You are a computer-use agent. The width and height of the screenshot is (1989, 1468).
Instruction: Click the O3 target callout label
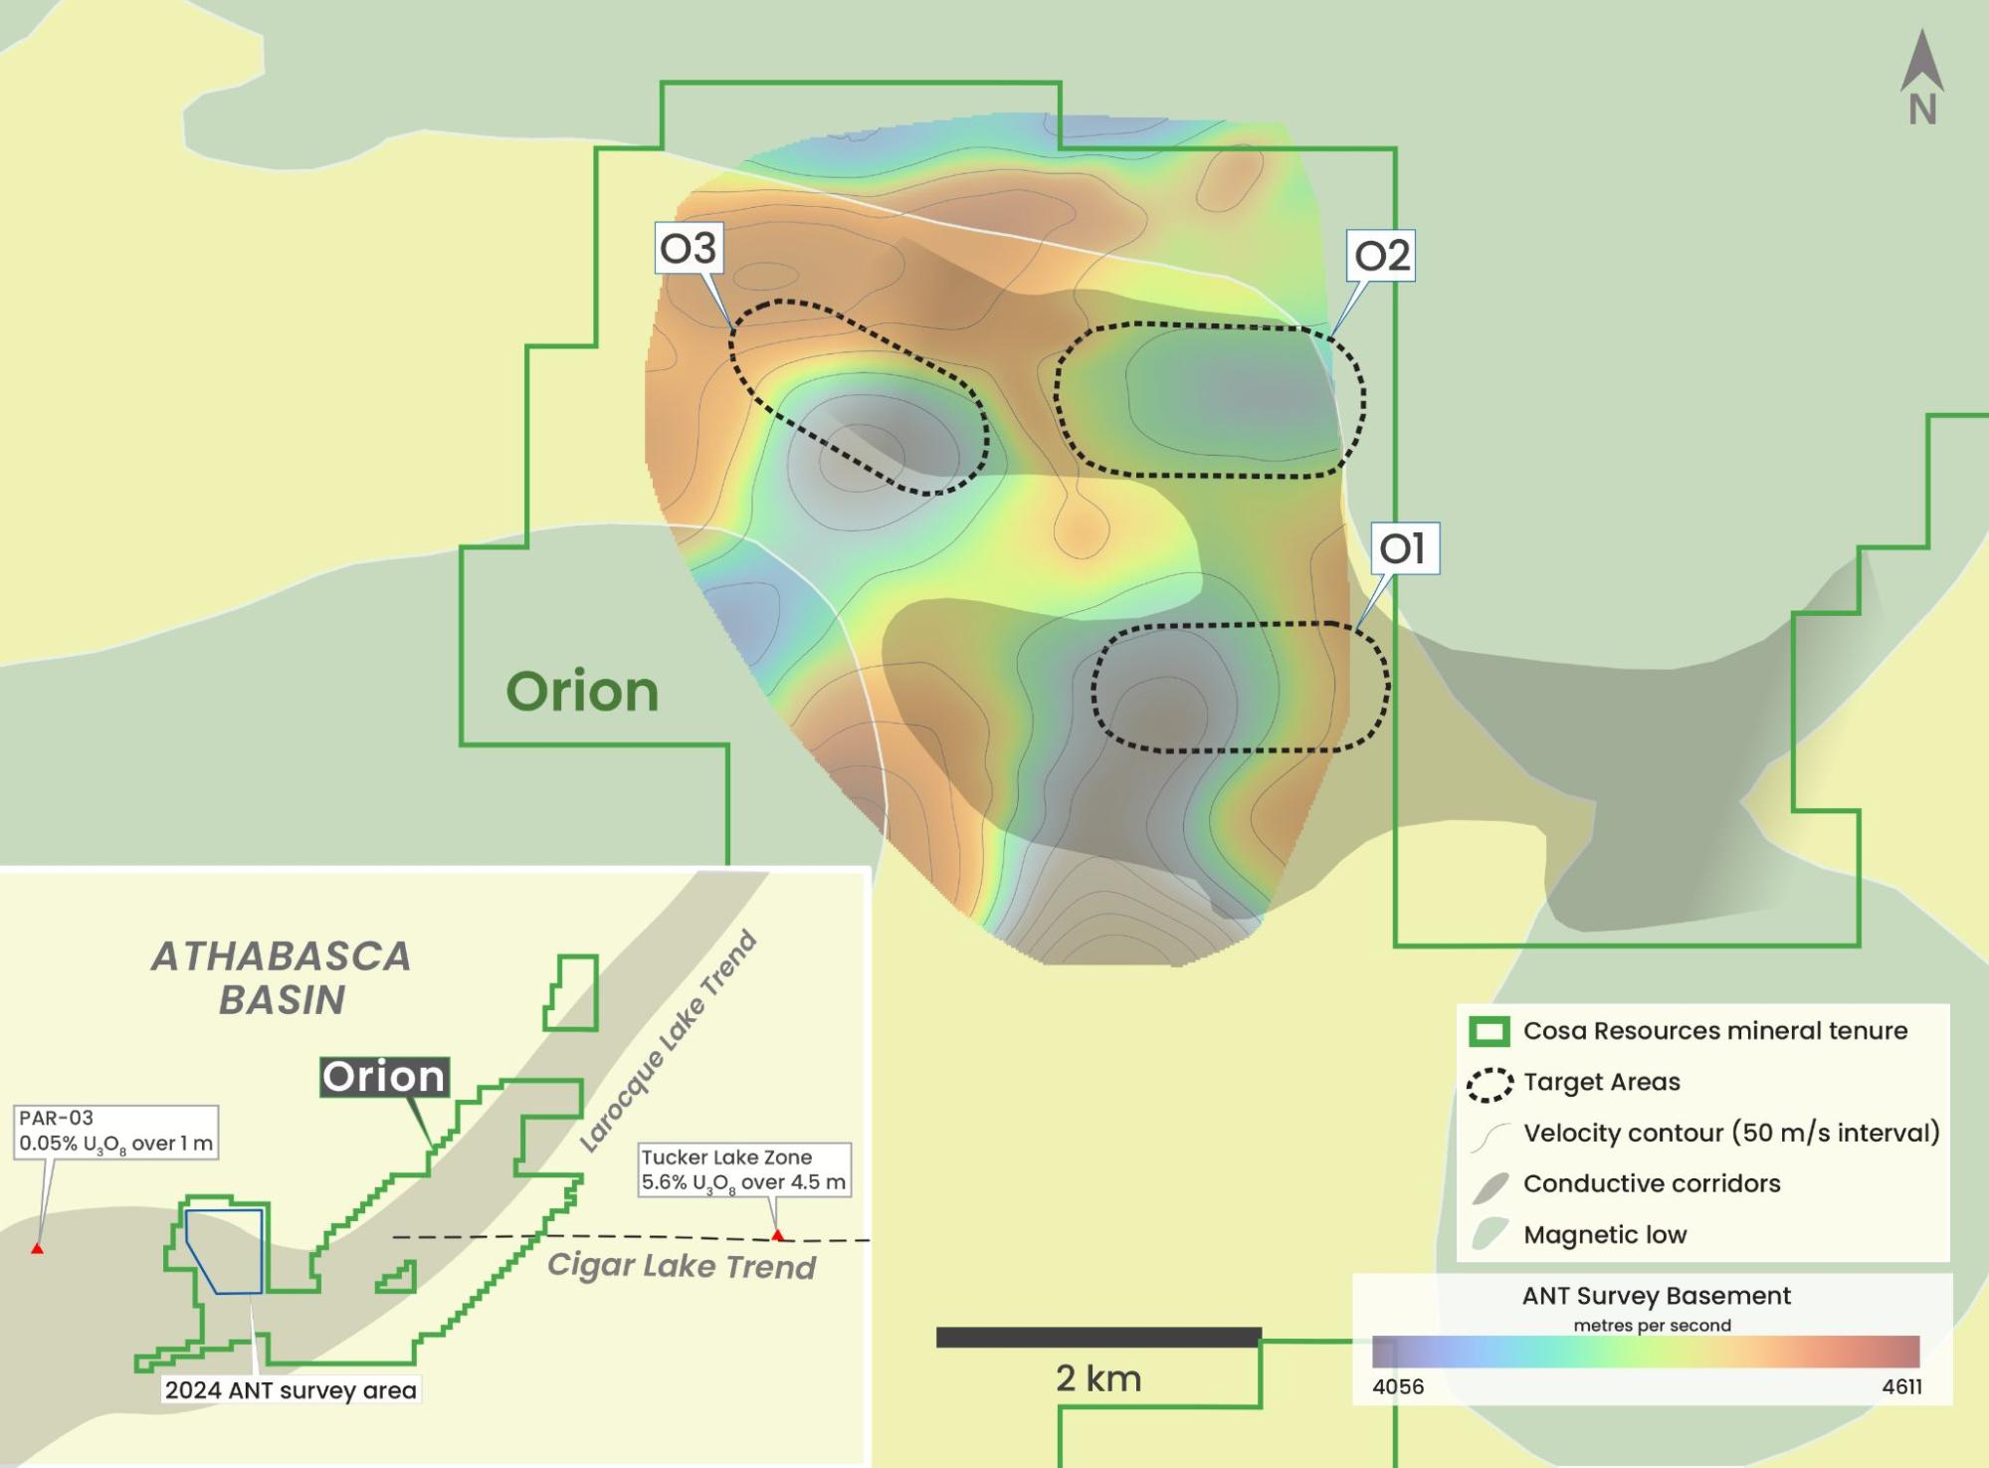pos(689,248)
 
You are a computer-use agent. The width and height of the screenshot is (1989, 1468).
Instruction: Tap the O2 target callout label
pos(1381,256)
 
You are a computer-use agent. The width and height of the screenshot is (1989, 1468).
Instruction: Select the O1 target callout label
pos(1404,547)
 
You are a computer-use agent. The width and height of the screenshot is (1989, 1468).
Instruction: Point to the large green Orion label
pos(582,692)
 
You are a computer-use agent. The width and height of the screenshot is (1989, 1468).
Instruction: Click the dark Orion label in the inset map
pos(384,1077)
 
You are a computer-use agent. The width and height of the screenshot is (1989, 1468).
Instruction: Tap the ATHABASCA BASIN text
pos(282,977)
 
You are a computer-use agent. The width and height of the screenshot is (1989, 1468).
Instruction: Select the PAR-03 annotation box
pos(116,1132)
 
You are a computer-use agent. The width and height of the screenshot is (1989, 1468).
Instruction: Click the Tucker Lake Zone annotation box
pos(743,1169)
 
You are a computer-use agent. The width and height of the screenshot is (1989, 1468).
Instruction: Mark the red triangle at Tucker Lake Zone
pos(777,1236)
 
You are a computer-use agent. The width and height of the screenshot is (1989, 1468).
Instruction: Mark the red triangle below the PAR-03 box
pos(37,1248)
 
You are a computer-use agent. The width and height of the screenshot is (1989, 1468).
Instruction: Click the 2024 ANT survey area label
pos(291,1390)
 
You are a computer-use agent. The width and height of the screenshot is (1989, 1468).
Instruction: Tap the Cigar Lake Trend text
pos(682,1266)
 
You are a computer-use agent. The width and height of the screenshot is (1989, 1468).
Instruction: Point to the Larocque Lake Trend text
pos(669,1042)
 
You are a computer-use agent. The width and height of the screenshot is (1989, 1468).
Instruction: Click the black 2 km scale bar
pos(1098,1338)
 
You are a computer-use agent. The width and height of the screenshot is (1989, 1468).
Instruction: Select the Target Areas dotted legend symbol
pos(1490,1084)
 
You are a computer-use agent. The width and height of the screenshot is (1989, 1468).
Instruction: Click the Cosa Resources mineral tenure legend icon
pos(1490,1032)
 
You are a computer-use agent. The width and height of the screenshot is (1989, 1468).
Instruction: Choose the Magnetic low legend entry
pos(1604,1235)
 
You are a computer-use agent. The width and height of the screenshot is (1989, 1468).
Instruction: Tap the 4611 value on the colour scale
pos(1901,1387)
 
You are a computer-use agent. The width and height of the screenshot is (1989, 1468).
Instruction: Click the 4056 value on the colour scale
pos(1398,1387)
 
